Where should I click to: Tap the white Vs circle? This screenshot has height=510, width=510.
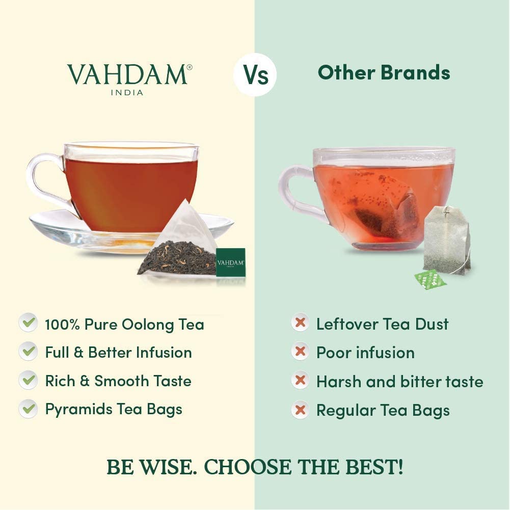click(255, 74)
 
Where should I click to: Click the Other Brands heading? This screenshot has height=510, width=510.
click(384, 73)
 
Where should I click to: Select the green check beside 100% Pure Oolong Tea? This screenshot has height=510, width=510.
click(28, 323)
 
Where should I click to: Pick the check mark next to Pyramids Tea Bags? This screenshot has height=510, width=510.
click(28, 409)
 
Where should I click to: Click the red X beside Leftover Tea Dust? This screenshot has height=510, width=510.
click(300, 323)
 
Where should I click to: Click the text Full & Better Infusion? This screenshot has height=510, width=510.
click(118, 352)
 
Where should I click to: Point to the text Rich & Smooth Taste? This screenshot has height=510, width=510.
click(118, 381)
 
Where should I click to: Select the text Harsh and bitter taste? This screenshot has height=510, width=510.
click(399, 381)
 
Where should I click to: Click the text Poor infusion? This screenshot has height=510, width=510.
click(365, 352)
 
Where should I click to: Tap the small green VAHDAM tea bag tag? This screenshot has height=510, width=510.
click(230, 262)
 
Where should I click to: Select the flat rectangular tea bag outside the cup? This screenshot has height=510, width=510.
click(445, 239)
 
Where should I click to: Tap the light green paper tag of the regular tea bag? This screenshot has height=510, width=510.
click(430, 279)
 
